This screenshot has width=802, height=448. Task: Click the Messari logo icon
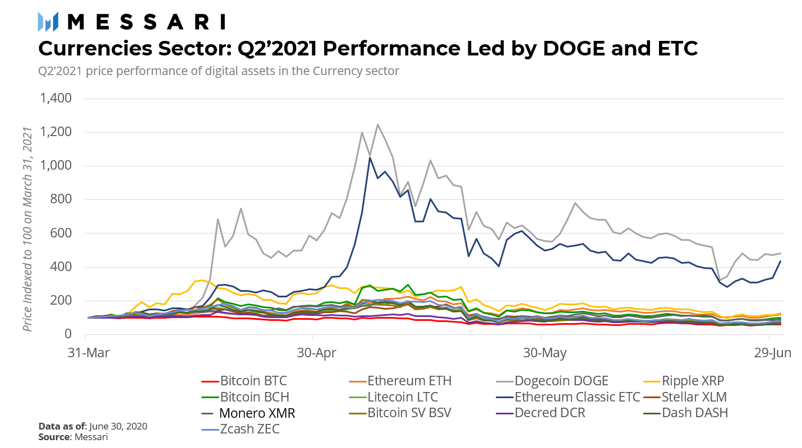click(x=48, y=21)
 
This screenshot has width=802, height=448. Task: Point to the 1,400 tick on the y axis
click(x=55, y=99)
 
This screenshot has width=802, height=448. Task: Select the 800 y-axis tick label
click(x=62, y=199)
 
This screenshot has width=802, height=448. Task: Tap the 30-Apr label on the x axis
click(x=312, y=353)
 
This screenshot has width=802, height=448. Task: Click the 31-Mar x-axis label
click(x=85, y=353)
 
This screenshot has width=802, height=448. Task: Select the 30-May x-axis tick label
click(x=541, y=353)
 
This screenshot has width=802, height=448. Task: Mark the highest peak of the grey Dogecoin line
click(x=377, y=124)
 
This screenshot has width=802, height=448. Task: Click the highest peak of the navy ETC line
click(x=370, y=157)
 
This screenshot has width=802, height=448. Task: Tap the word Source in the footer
click(x=54, y=436)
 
